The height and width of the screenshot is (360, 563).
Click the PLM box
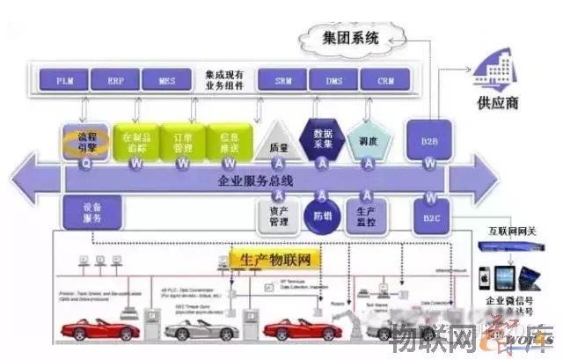click(x=64, y=80)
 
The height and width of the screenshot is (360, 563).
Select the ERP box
click(x=116, y=80)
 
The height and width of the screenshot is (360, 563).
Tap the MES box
click(x=167, y=80)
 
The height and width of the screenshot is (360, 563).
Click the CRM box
click(x=385, y=80)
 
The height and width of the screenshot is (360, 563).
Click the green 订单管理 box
click(x=180, y=141)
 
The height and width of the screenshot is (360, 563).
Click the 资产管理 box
click(x=278, y=215)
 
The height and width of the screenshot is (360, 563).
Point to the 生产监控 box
click(x=367, y=215)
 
